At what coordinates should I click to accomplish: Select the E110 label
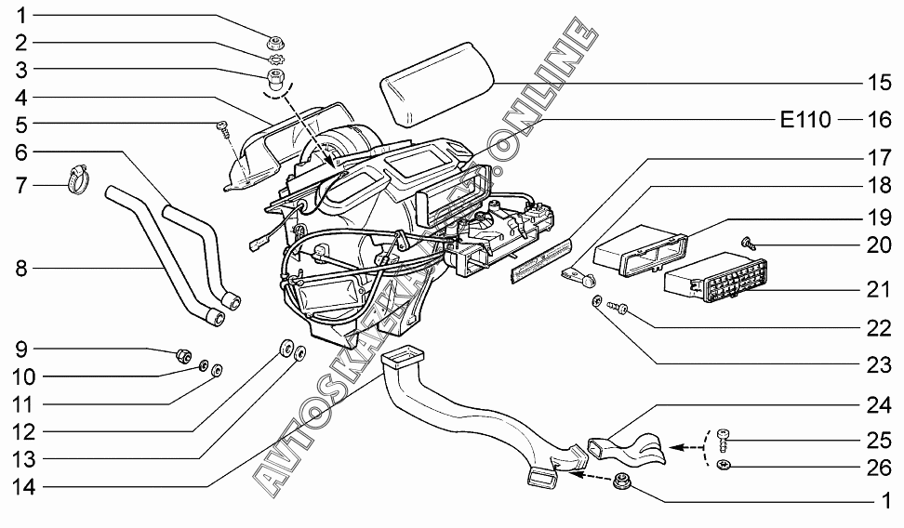[x=805, y=120]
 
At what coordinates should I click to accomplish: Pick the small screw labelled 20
[x=747, y=243]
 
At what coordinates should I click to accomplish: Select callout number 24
[x=879, y=405]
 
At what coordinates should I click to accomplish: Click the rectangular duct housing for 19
[x=638, y=248]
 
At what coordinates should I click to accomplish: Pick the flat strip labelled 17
[x=539, y=260]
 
